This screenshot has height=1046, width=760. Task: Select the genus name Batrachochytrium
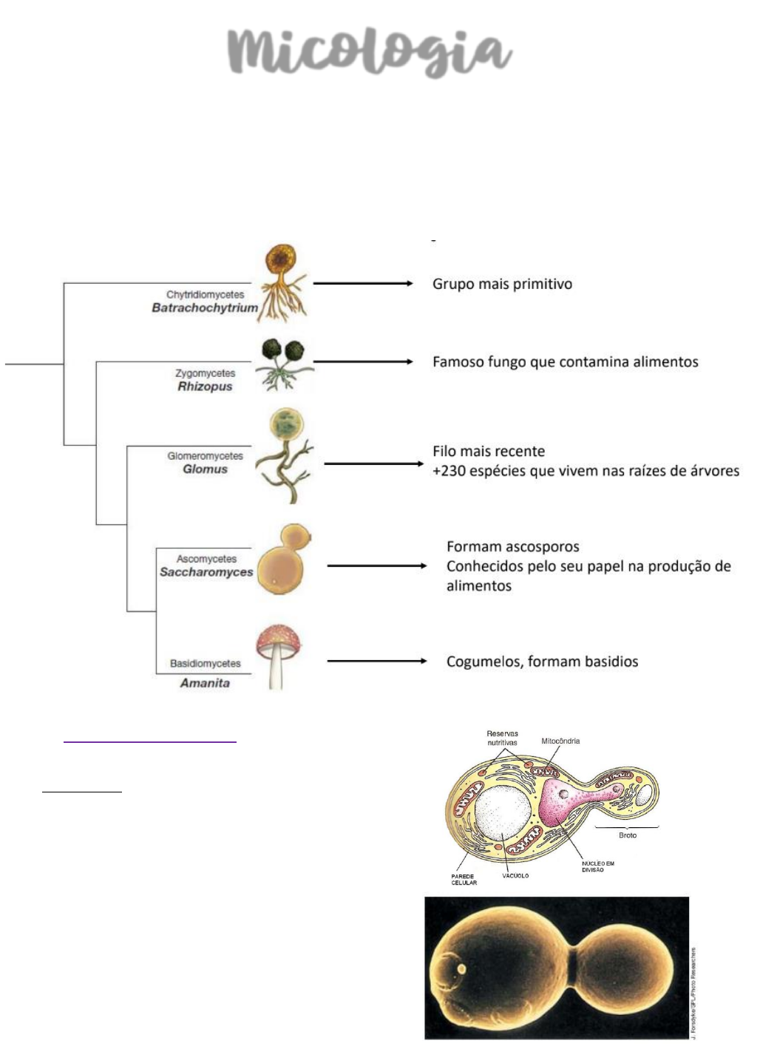coord(205,308)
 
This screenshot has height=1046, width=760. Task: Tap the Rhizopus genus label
coord(205,386)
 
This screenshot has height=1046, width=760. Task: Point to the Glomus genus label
coord(205,469)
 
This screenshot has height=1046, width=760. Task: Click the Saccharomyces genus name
coord(206,571)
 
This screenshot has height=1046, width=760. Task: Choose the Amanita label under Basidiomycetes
coord(205,682)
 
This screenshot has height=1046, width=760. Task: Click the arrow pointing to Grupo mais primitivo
coord(362,283)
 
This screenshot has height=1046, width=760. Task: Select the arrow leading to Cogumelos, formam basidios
coord(376,661)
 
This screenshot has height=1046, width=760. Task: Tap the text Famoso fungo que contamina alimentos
coord(565,361)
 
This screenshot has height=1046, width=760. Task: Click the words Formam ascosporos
coord(512,547)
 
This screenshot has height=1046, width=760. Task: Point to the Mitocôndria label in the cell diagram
coord(560,741)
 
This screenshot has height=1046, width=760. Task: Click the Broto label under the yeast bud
coord(627,835)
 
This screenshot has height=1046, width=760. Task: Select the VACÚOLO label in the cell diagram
coord(515,876)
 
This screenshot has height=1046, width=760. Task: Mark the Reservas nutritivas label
coord(502,738)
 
